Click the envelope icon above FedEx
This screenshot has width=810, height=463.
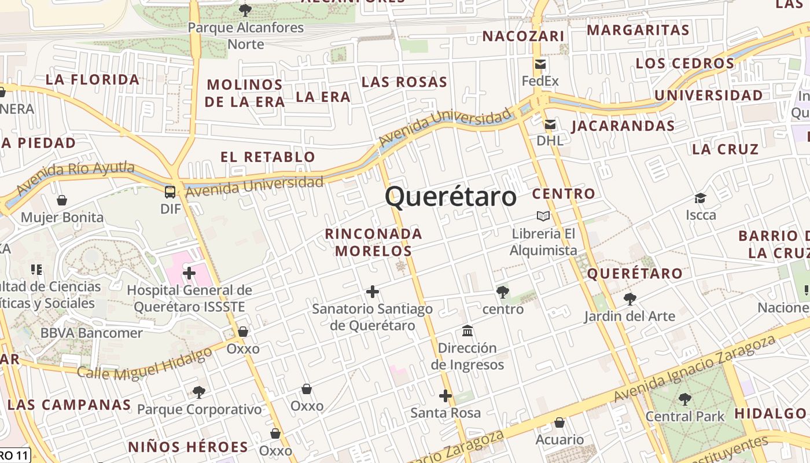coord(540,64)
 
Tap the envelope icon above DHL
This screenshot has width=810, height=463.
coord(550,124)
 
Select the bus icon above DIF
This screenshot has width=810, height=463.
coord(170,192)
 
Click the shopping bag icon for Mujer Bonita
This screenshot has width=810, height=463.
coord(62,200)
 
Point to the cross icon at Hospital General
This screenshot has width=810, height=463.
coord(189,273)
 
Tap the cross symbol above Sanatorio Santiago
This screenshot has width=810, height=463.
coord(373,292)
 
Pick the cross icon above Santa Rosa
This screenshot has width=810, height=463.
coord(445,396)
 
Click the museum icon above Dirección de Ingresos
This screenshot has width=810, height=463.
coord(467,331)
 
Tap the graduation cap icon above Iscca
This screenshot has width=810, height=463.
coord(701,199)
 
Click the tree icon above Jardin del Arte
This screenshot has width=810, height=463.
coord(629,299)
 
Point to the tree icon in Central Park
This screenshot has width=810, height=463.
coord(684,399)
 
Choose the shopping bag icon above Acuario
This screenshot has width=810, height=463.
coord(559,423)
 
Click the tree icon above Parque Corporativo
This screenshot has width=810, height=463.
coord(198,392)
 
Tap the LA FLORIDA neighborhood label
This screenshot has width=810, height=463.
coord(93,80)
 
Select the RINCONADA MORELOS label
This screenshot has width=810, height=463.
coord(374,242)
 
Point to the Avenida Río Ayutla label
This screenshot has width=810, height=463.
coord(75,177)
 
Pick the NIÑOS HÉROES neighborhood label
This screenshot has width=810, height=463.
coord(188,447)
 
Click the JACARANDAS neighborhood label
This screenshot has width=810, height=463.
coord(623,126)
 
